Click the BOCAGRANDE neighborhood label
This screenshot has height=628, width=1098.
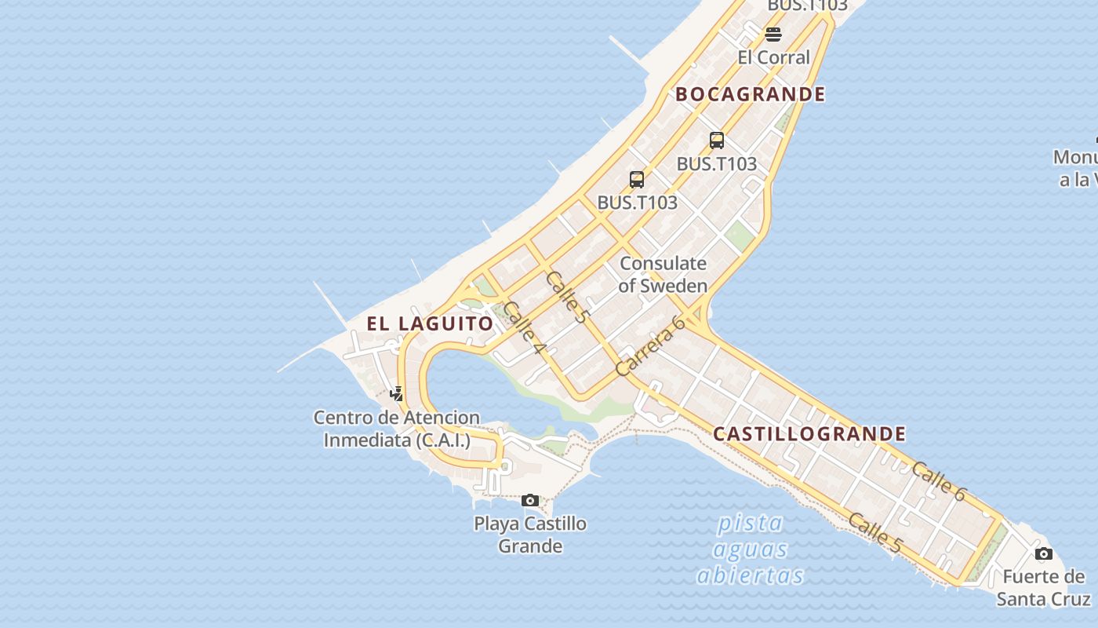point(750,94)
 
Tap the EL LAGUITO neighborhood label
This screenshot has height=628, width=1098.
point(430,323)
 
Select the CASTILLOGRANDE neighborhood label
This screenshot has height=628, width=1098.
point(809,434)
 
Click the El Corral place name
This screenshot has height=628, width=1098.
point(773,57)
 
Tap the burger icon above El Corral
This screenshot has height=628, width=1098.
point(773,35)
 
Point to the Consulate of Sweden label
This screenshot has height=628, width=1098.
point(663,274)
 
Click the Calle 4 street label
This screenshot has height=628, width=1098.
point(524,326)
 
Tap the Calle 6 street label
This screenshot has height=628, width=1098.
point(939,481)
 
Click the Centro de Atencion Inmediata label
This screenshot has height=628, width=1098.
point(397,429)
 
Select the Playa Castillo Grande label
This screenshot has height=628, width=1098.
point(530,535)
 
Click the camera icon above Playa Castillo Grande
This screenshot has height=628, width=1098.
point(530,500)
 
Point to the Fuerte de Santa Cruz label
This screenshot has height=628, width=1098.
point(1043,588)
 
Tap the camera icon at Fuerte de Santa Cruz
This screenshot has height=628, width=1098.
point(1043,554)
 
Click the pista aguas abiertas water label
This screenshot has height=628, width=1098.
point(751,549)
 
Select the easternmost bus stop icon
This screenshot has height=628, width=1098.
point(716,141)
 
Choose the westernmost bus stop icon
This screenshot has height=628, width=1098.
point(637,180)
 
